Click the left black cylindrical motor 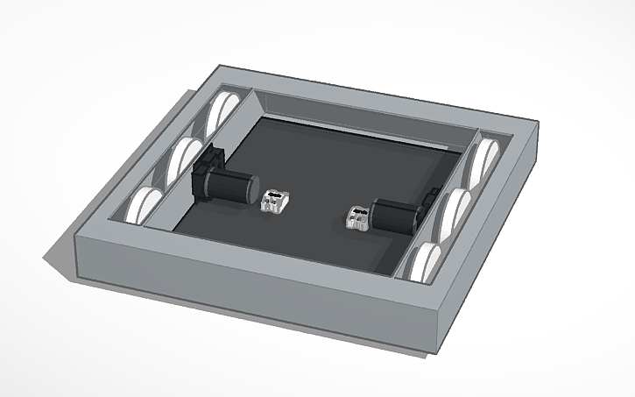tap(229, 187)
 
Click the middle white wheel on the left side tap(186, 157)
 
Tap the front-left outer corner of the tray tap(76, 237)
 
